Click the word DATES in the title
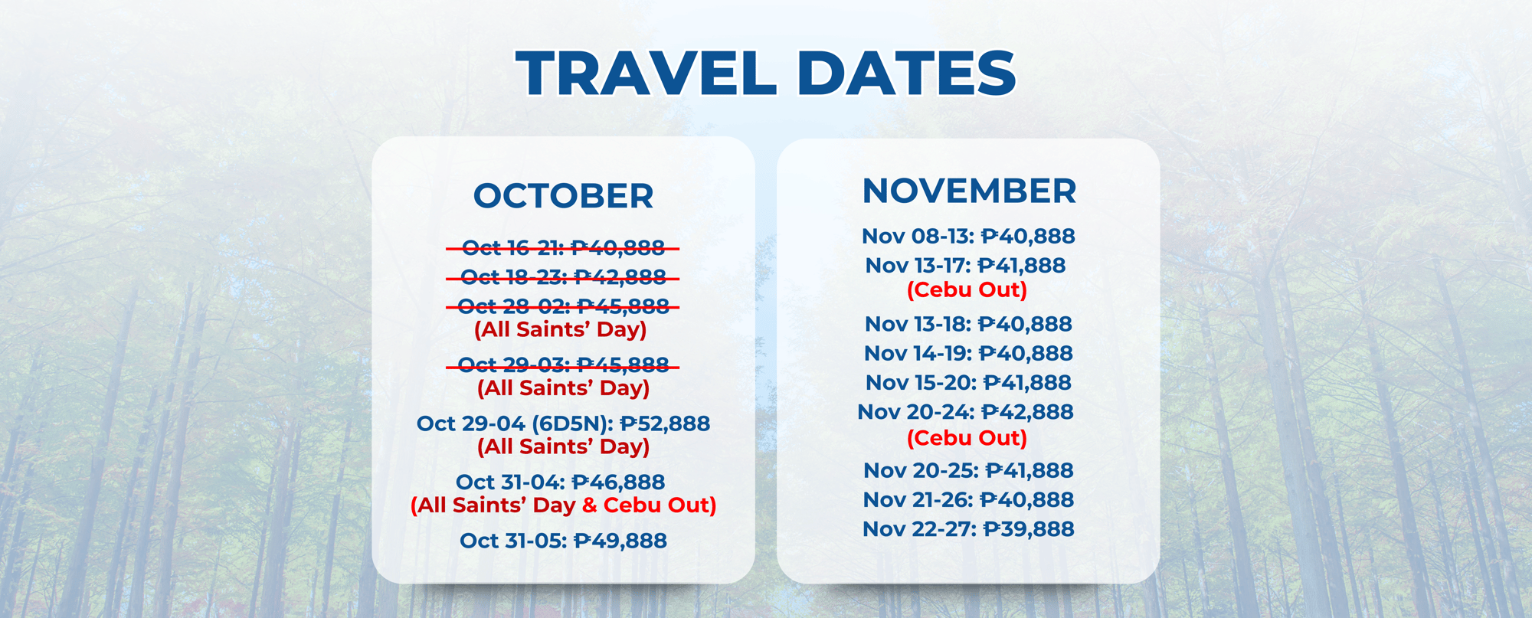coord(907,74)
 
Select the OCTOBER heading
coord(564,196)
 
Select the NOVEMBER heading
coord(969,191)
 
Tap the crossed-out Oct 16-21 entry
coord(563,248)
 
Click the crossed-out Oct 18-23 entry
coord(563,277)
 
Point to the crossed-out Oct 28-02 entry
coord(563,306)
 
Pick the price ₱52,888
coord(665,423)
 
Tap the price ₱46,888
coord(618,482)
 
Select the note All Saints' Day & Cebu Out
coord(564,505)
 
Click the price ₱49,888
coord(620,541)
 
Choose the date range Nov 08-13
coord(918,236)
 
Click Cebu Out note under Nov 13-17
coord(967,290)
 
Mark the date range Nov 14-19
coord(918,353)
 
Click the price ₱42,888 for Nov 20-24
coord(1027,412)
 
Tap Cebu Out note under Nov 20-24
coord(967,438)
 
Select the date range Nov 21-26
coord(918,500)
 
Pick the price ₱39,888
coord(1029,529)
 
